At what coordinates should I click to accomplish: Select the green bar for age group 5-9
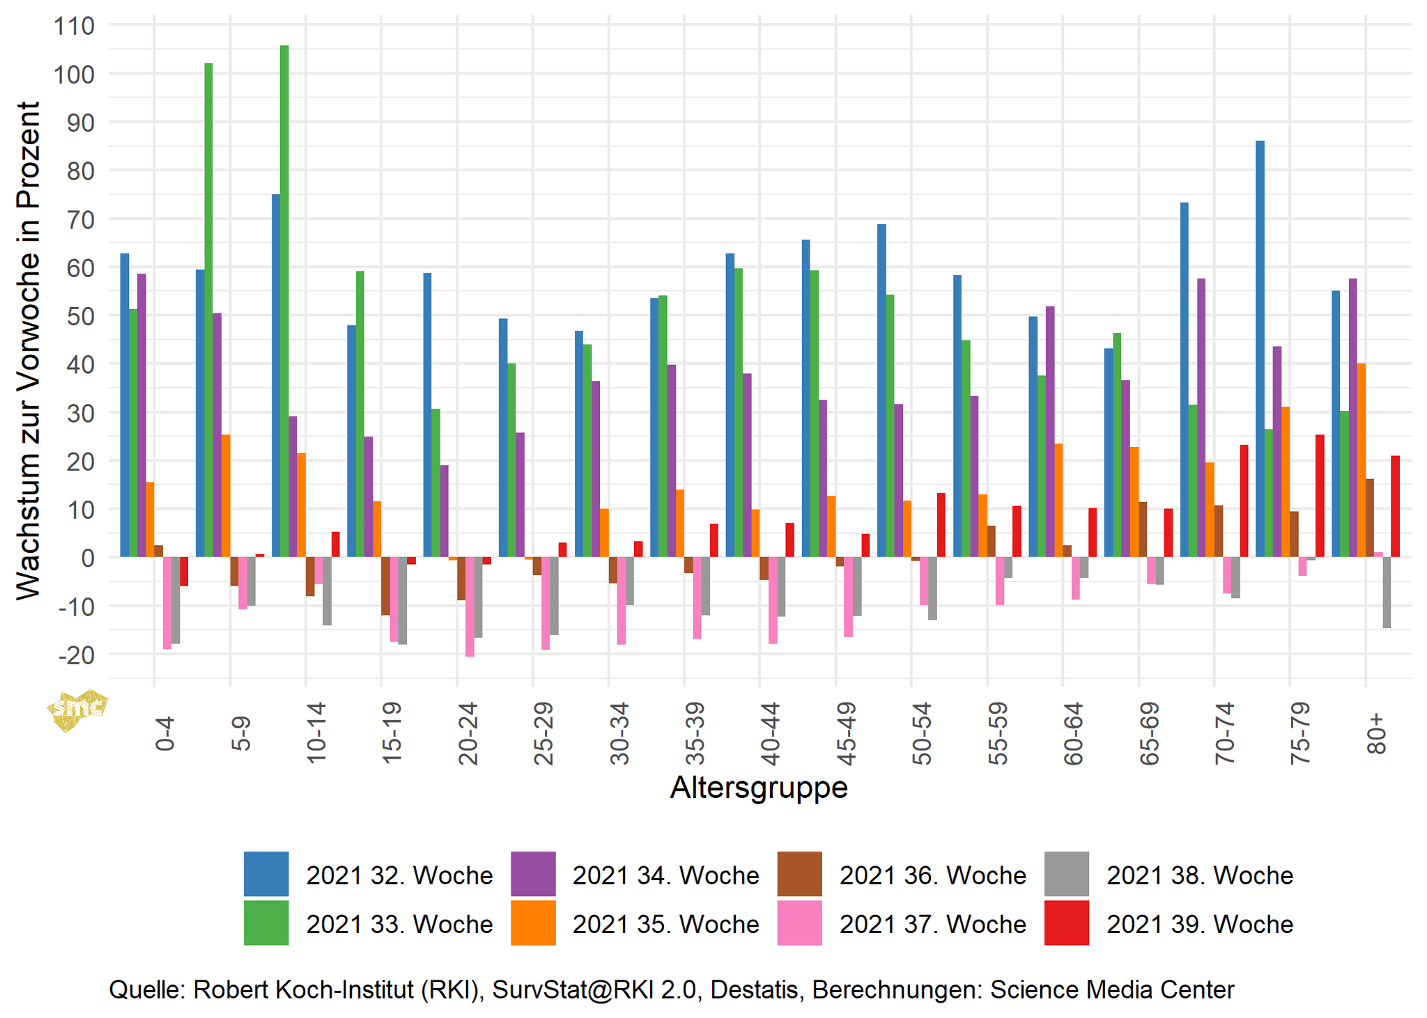pos(208,310)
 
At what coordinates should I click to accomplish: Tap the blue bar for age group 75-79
pos(1260,348)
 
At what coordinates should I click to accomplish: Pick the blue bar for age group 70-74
pos(1184,379)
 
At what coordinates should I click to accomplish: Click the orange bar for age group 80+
pos(1361,460)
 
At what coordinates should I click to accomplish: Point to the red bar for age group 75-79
pos(1319,496)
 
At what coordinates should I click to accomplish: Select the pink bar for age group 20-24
pos(470,606)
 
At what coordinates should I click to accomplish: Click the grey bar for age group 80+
pos(1387,593)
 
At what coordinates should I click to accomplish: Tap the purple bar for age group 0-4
pos(141,415)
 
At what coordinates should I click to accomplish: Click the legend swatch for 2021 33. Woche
pos(266,923)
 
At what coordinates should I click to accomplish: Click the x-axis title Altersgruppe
pos(758,788)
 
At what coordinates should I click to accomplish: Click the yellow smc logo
pos(77,710)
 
